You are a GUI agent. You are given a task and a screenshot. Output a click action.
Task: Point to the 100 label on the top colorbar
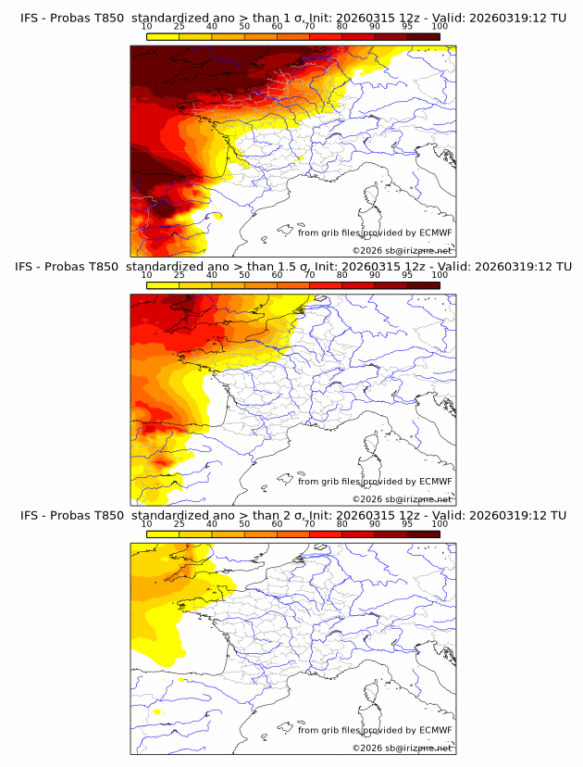pos(440,27)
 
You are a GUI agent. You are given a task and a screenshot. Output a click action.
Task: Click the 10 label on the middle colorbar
pos(146,275)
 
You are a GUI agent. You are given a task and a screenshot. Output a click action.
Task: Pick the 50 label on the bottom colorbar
pos(244,524)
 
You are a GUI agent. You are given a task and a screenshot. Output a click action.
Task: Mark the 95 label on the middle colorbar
pos(407,275)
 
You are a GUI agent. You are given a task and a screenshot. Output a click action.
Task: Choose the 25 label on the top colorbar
pos(179,27)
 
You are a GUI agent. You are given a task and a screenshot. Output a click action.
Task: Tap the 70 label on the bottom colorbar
pos(309,524)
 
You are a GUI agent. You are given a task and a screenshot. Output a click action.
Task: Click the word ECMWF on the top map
pos(435,233)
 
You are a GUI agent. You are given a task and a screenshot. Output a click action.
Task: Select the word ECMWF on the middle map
pos(435,482)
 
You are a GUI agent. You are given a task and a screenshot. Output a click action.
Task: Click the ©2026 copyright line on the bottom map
pos(402,748)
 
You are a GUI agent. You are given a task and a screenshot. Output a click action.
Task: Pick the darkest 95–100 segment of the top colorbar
pos(423,36)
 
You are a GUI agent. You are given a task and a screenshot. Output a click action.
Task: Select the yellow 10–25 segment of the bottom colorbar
pos(162,534)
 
